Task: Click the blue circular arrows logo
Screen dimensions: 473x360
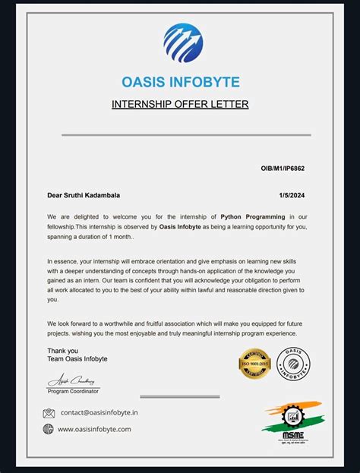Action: tap(183, 43)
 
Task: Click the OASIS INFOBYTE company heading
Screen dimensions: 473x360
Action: tap(180, 82)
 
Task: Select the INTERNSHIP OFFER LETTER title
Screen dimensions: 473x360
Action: tap(180, 104)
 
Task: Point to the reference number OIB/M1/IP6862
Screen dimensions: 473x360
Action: tap(283, 169)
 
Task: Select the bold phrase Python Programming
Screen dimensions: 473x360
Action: tap(253, 216)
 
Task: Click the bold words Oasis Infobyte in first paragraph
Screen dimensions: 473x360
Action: tap(180, 226)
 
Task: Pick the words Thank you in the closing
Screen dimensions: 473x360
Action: tap(62, 351)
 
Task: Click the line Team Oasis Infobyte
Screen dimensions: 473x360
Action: tap(77, 359)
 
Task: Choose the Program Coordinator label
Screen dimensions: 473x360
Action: tap(73, 391)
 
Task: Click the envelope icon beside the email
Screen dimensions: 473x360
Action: tap(49, 413)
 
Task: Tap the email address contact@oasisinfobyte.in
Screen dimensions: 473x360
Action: tap(99, 413)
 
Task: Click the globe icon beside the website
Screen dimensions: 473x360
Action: tap(49, 429)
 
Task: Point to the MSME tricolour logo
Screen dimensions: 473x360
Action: tap(292, 422)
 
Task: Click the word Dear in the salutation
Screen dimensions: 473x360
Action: tap(55, 195)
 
